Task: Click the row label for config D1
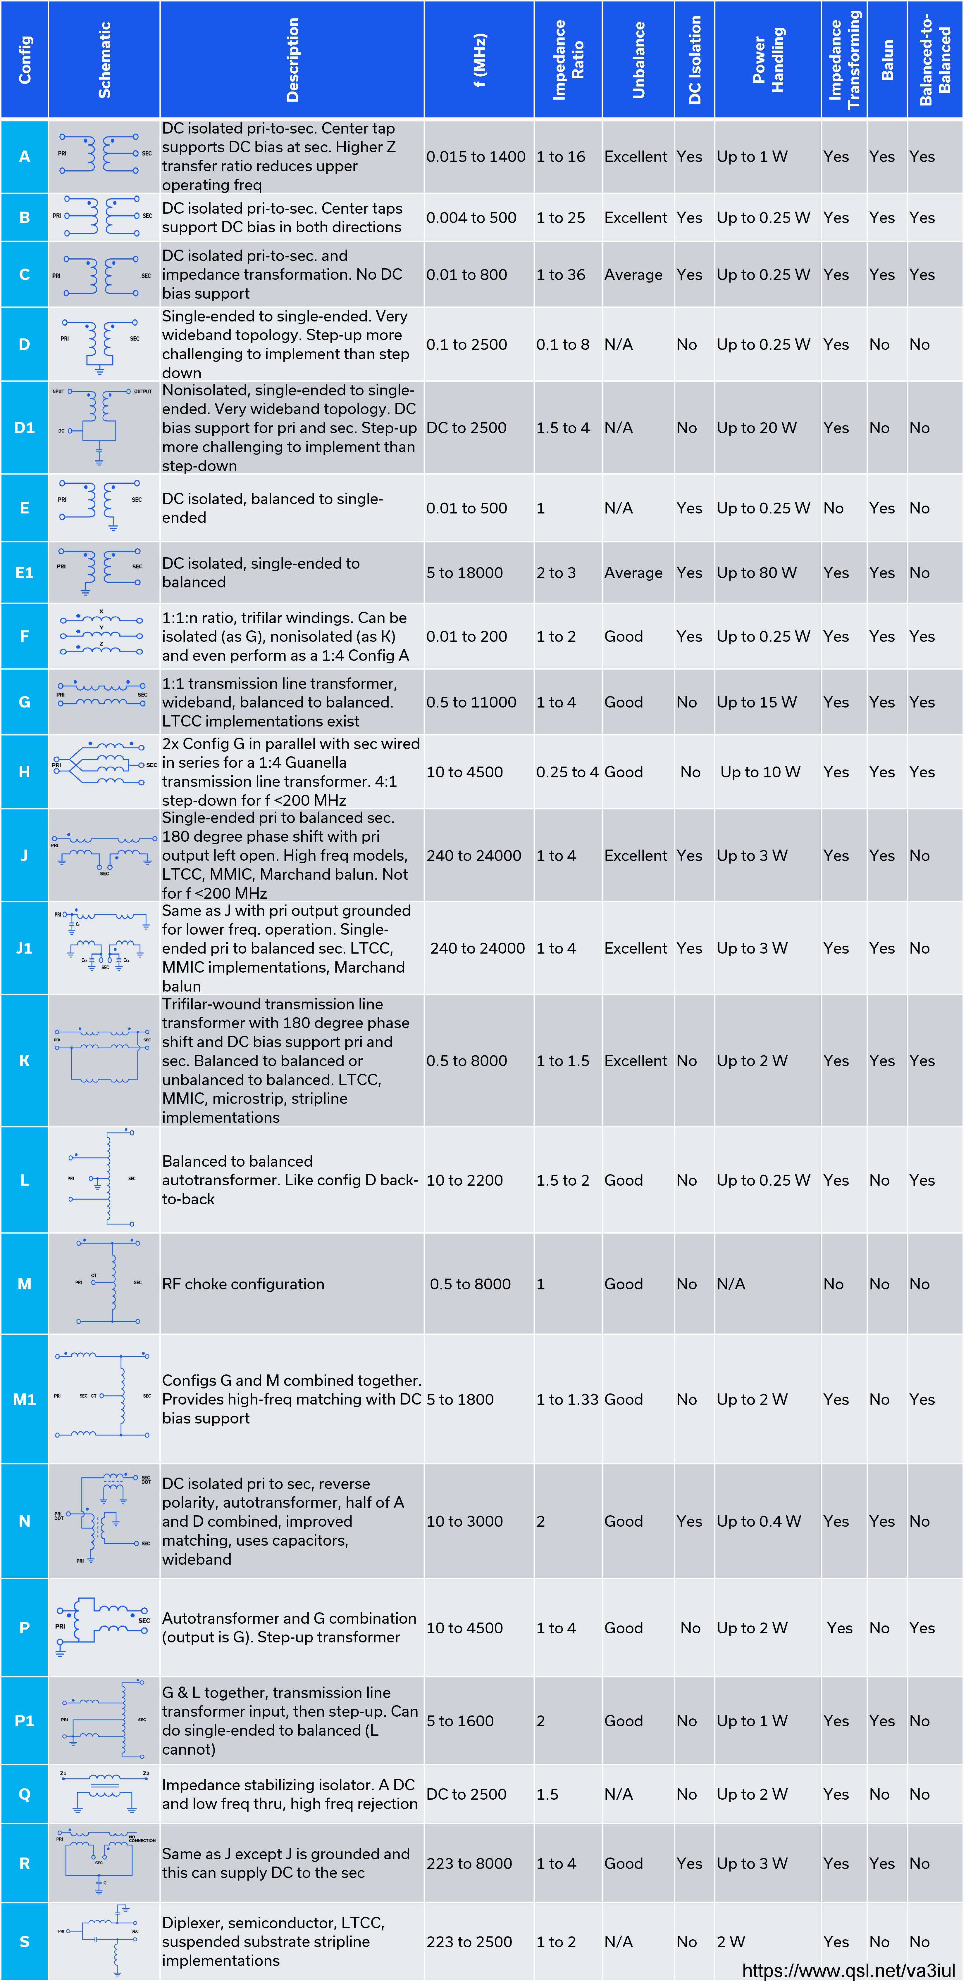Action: pyautogui.click(x=25, y=428)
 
